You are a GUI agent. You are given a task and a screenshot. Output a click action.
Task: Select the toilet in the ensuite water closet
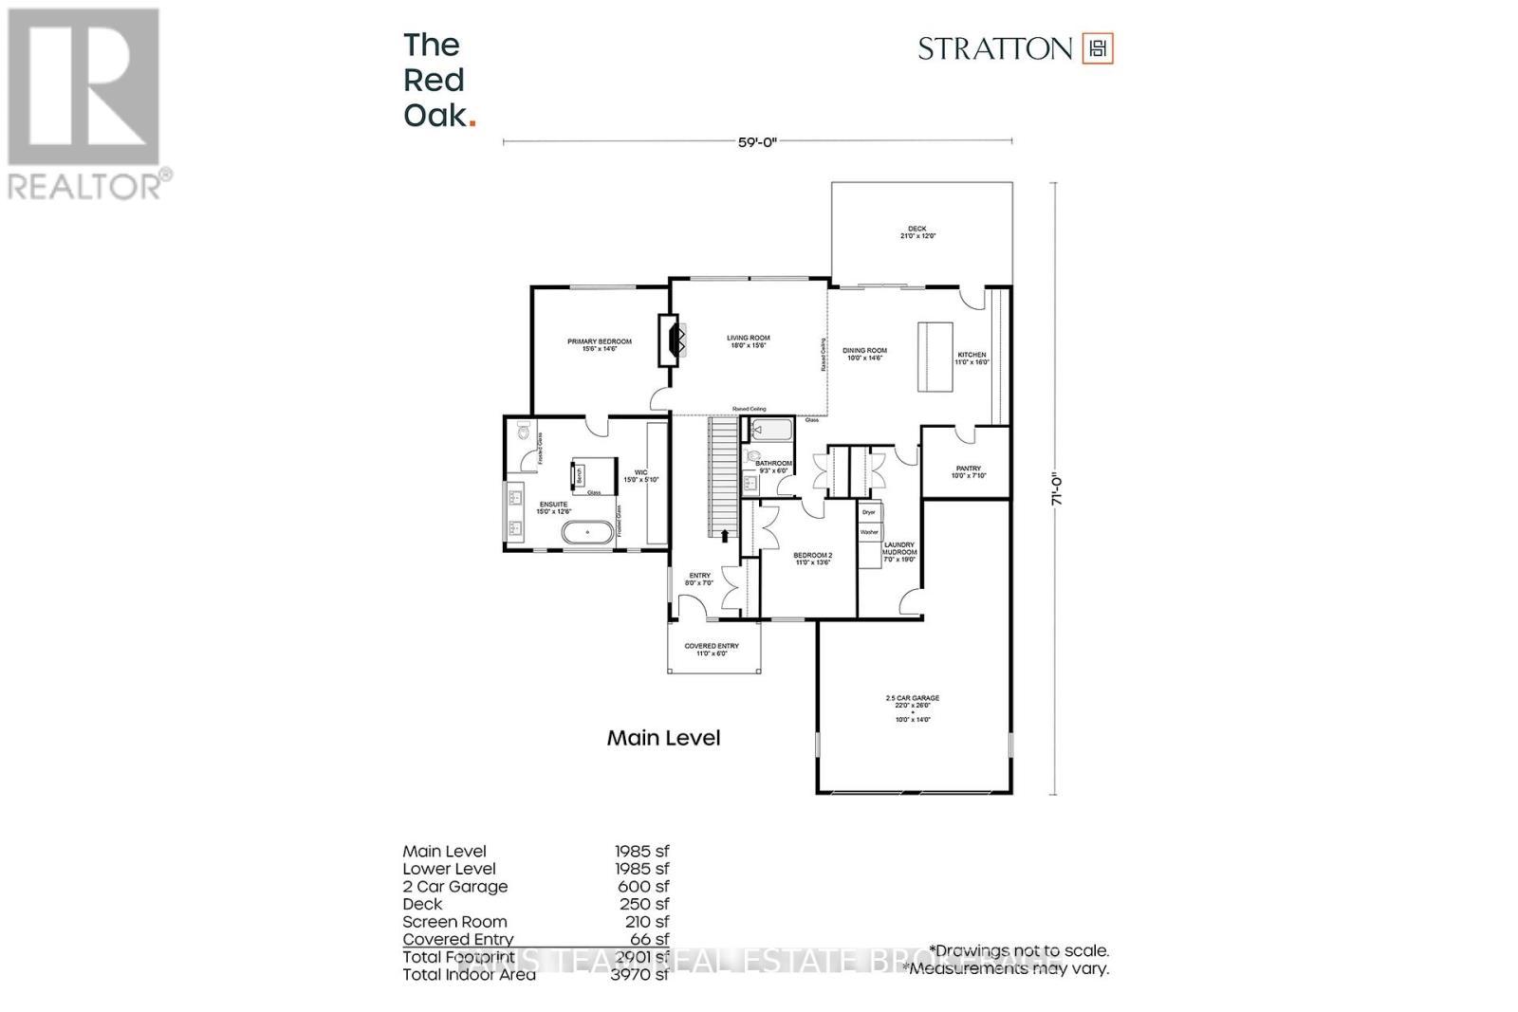(x=524, y=433)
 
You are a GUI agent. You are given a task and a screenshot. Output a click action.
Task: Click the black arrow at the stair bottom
(x=725, y=536)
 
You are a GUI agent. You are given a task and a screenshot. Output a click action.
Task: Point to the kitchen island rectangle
(x=935, y=356)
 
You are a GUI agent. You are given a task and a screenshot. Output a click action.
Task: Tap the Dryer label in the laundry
(x=868, y=512)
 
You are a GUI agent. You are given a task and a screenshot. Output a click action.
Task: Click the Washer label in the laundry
(x=869, y=532)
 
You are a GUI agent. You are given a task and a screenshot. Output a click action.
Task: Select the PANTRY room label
(x=969, y=469)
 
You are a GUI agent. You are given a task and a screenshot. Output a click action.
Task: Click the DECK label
(x=916, y=229)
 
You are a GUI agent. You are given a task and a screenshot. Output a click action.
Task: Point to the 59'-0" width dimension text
(x=757, y=142)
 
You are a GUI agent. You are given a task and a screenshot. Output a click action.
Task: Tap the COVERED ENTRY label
(x=712, y=646)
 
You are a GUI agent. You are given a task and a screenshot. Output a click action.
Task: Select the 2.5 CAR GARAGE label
(x=912, y=698)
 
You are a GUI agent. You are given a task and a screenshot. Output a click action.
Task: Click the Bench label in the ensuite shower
(x=576, y=473)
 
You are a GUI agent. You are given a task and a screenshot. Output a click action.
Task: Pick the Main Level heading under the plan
(x=663, y=738)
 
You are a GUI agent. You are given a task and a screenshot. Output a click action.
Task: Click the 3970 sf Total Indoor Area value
(x=640, y=974)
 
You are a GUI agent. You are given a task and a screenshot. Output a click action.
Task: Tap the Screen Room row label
(x=454, y=922)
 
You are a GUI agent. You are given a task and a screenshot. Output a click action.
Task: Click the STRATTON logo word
(x=994, y=48)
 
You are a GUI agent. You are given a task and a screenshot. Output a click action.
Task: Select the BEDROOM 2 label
(x=812, y=555)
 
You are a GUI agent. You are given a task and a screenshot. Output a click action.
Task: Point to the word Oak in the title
(x=435, y=116)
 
